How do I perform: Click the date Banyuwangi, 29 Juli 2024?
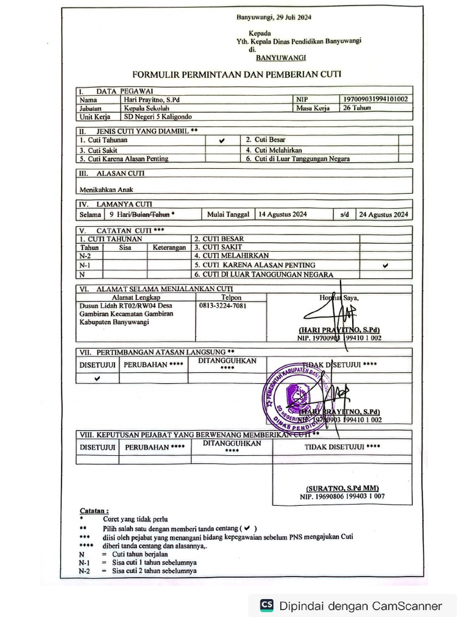[277, 18]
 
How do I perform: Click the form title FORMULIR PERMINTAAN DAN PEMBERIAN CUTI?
[236, 74]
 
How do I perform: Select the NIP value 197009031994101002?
[375, 99]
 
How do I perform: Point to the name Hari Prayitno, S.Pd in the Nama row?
[152, 99]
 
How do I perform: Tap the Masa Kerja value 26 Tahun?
[356, 108]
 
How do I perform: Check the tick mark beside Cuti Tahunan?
[221, 140]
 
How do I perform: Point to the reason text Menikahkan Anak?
[106, 190]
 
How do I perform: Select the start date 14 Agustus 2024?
[282, 214]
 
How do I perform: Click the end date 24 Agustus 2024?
[383, 214]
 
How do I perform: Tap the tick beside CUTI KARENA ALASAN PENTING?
[385, 266]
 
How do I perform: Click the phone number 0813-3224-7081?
[222, 306]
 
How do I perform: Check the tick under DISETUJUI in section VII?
[97, 378]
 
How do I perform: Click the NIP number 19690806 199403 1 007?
[341, 497]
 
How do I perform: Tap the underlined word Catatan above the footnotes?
[94, 510]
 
